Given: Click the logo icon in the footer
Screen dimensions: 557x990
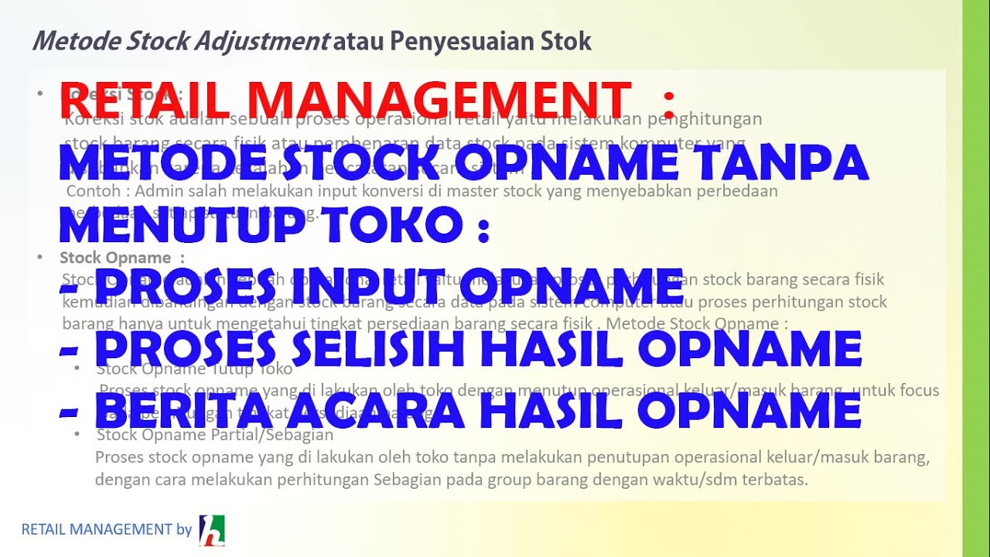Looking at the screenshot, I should (212, 530).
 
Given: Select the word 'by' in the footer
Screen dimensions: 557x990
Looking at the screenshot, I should (184, 530).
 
